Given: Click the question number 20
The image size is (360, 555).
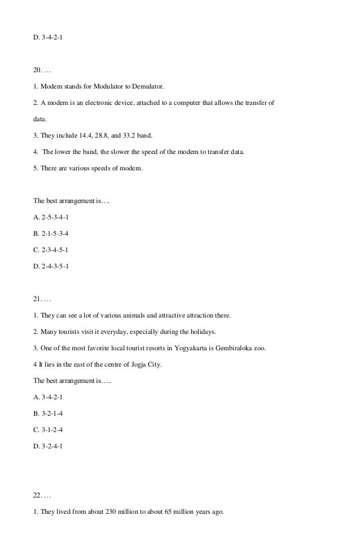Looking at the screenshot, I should (x=38, y=71).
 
